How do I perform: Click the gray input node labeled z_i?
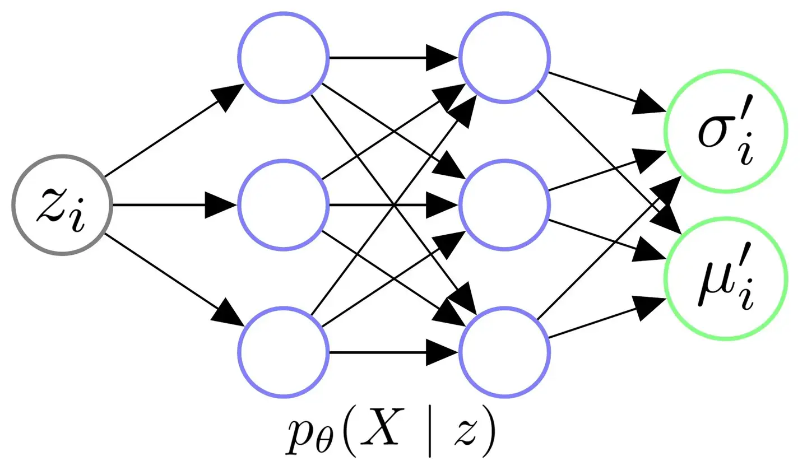62,205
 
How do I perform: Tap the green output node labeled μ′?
726,278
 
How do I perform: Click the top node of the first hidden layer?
283,58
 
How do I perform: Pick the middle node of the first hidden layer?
283,205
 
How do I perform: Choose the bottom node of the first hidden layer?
283,352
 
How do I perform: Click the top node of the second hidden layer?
504,58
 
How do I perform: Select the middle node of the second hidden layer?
504,205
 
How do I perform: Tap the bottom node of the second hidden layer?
504,352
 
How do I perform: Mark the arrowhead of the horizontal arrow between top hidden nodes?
443,58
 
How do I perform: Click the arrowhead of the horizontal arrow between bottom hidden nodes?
443,352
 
